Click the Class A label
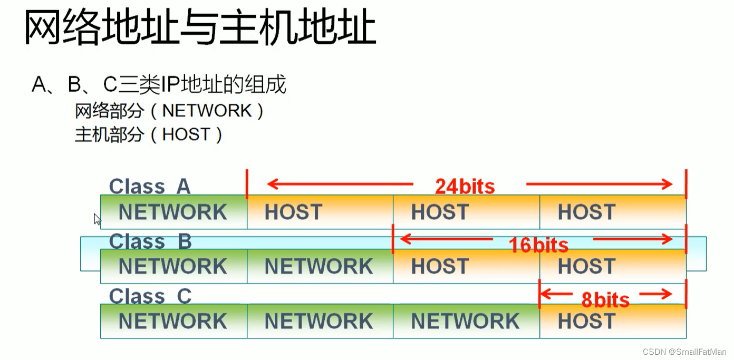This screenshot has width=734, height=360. (x=149, y=187)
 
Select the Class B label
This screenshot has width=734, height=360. (x=150, y=241)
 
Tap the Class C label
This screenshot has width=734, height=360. (x=150, y=296)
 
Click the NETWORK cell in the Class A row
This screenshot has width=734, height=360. (x=173, y=212)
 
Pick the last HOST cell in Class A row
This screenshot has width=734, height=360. (x=613, y=212)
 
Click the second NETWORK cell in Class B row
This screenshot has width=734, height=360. (x=320, y=266)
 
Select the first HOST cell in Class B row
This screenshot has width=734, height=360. (x=466, y=266)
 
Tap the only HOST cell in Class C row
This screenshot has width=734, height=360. (x=613, y=321)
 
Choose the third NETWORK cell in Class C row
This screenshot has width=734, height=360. (x=466, y=321)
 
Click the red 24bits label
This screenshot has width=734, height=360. (x=465, y=186)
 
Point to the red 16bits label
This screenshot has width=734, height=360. (x=538, y=245)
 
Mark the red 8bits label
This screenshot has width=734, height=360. (x=605, y=300)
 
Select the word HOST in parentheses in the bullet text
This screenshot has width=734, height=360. (x=186, y=134)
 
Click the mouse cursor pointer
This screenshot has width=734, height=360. (x=97, y=219)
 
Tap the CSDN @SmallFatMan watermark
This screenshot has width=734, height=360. (x=684, y=352)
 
